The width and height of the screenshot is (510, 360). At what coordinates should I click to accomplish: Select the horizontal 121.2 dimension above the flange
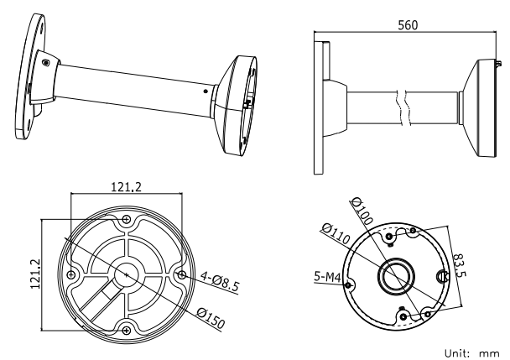point(127,185)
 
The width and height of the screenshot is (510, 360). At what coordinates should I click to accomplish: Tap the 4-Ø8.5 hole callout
point(219,284)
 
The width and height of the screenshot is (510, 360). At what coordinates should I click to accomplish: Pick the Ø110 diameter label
point(333,234)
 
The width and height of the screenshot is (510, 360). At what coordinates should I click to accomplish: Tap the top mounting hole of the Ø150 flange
point(127,219)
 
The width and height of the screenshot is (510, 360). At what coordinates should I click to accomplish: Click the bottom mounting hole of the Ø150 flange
point(127,328)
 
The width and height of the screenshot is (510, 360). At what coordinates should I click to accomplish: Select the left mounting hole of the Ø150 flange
point(73,274)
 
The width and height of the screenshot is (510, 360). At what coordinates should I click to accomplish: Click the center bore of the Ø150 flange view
point(127,273)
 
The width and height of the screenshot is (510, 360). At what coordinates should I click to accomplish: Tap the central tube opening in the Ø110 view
point(394,274)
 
